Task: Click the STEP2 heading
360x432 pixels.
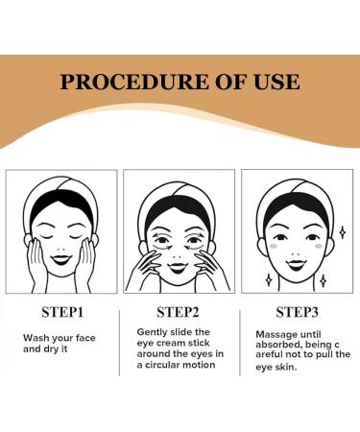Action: click(x=180, y=313)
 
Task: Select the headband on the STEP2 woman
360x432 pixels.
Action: click(x=180, y=191)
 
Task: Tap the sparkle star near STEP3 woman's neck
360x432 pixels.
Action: click(x=323, y=281)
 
